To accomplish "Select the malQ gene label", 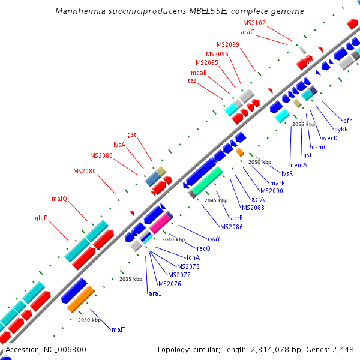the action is pos(59,199).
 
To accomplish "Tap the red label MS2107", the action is pos(254,23).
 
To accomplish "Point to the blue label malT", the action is pos(118,329).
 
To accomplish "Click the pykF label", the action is pos(340,129).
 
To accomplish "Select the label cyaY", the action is pos(214,239).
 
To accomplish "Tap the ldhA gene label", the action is pos(193,257).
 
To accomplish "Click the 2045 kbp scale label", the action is pos(216,200).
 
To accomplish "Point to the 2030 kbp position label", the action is pos(89,320).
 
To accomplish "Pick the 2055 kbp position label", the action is pos(304,124).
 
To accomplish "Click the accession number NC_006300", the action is pos(46,349).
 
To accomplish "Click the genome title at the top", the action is pos(179,11).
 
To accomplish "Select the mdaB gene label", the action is pos(199,73).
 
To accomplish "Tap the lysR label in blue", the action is pos(287,173).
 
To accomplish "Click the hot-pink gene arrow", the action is pos(160,224).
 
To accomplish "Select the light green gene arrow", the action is pos(208,181).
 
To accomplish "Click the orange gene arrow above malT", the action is pos(81,299).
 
